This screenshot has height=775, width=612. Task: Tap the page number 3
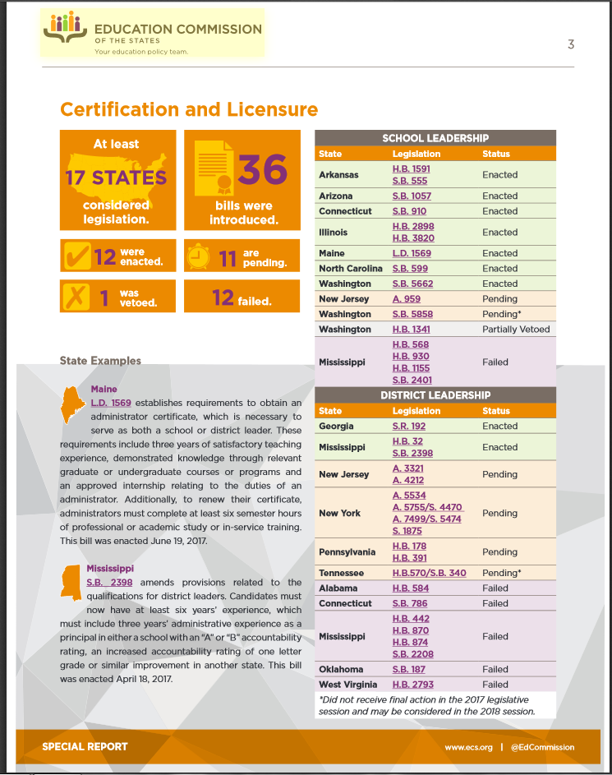[571, 44]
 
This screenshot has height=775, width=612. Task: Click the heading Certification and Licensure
[189, 109]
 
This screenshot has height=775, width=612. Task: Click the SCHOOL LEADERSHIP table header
[435, 138]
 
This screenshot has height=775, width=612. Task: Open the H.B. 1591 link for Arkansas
[411, 168]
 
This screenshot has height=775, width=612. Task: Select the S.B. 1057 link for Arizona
[412, 196]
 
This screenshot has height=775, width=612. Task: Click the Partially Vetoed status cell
[516, 329]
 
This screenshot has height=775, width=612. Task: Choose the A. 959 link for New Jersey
[406, 299]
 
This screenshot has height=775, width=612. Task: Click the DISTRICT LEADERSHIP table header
[435, 395]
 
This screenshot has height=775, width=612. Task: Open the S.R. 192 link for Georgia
[409, 426]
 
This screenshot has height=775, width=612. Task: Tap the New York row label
[339, 513]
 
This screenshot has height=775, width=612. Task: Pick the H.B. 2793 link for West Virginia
[412, 684]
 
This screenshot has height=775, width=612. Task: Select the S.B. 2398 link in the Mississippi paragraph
[105, 582]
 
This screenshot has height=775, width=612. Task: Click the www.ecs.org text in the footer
[468, 747]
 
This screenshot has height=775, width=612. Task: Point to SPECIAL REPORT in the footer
[85, 747]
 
